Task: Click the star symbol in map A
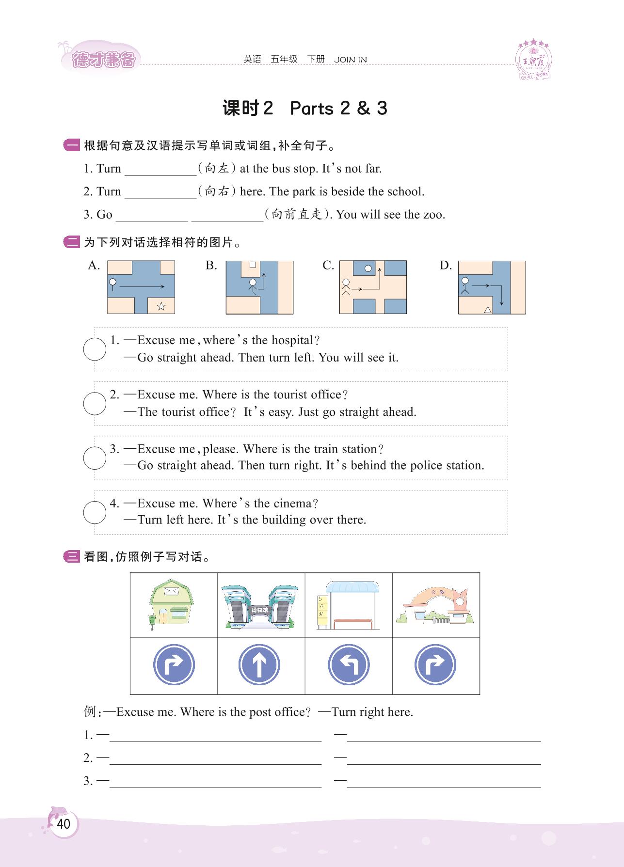[x=161, y=306]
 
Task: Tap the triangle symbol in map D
[x=488, y=309]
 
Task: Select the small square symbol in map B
[x=253, y=265]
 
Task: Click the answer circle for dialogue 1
[x=95, y=349]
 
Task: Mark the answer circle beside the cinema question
[x=95, y=512]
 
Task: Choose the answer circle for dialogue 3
[x=95, y=458]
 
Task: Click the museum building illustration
[x=259, y=606]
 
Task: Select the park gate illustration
[x=435, y=606]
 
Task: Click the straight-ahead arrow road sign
[x=259, y=665]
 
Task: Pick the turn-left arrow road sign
[x=348, y=665]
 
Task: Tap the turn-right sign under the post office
[x=174, y=665]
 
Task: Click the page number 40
[x=64, y=823]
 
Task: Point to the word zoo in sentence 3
[x=434, y=215]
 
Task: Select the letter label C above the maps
[x=328, y=266]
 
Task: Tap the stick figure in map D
[x=465, y=286]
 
